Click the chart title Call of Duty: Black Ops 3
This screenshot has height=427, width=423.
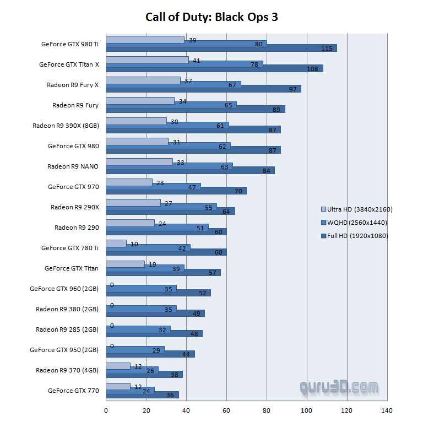click(x=211, y=17)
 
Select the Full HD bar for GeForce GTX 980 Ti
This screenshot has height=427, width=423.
click(x=221, y=48)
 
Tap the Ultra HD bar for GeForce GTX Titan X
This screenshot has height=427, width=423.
click(x=147, y=60)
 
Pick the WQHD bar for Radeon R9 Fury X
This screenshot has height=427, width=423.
click(x=173, y=85)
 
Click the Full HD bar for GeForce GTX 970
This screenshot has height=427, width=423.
click(x=176, y=191)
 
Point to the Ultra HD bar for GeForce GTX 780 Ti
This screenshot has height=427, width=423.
click(x=116, y=244)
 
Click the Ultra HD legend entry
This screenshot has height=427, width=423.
click(x=356, y=209)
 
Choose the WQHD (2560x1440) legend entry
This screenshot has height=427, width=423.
click(x=356, y=223)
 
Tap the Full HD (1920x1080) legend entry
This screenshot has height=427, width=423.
click(x=356, y=236)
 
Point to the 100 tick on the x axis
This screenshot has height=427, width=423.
click(x=307, y=410)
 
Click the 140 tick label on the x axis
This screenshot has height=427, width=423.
click(x=387, y=410)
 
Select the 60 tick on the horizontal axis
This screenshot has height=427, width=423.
click(x=226, y=410)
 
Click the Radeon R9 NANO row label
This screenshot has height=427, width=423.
click(x=73, y=166)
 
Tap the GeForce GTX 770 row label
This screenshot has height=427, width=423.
click(x=73, y=391)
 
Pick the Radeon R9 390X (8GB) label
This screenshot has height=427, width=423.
click(x=66, y=126)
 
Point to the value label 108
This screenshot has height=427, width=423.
click(x=313, y=69)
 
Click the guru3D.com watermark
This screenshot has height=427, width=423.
click(x=339, y=387)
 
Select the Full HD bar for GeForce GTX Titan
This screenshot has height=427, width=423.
click(x=163, y=273)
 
